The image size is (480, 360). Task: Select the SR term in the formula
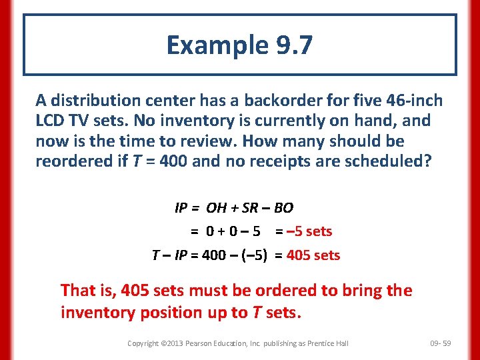point(250,208)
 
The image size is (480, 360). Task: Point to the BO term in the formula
point(283,208)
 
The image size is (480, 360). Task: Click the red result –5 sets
point(309,232)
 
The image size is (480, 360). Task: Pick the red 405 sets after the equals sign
point(313,255)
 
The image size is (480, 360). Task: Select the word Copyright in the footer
point(143,343)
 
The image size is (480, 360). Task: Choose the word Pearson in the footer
point(201,343)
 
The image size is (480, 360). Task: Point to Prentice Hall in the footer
point(329,343)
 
